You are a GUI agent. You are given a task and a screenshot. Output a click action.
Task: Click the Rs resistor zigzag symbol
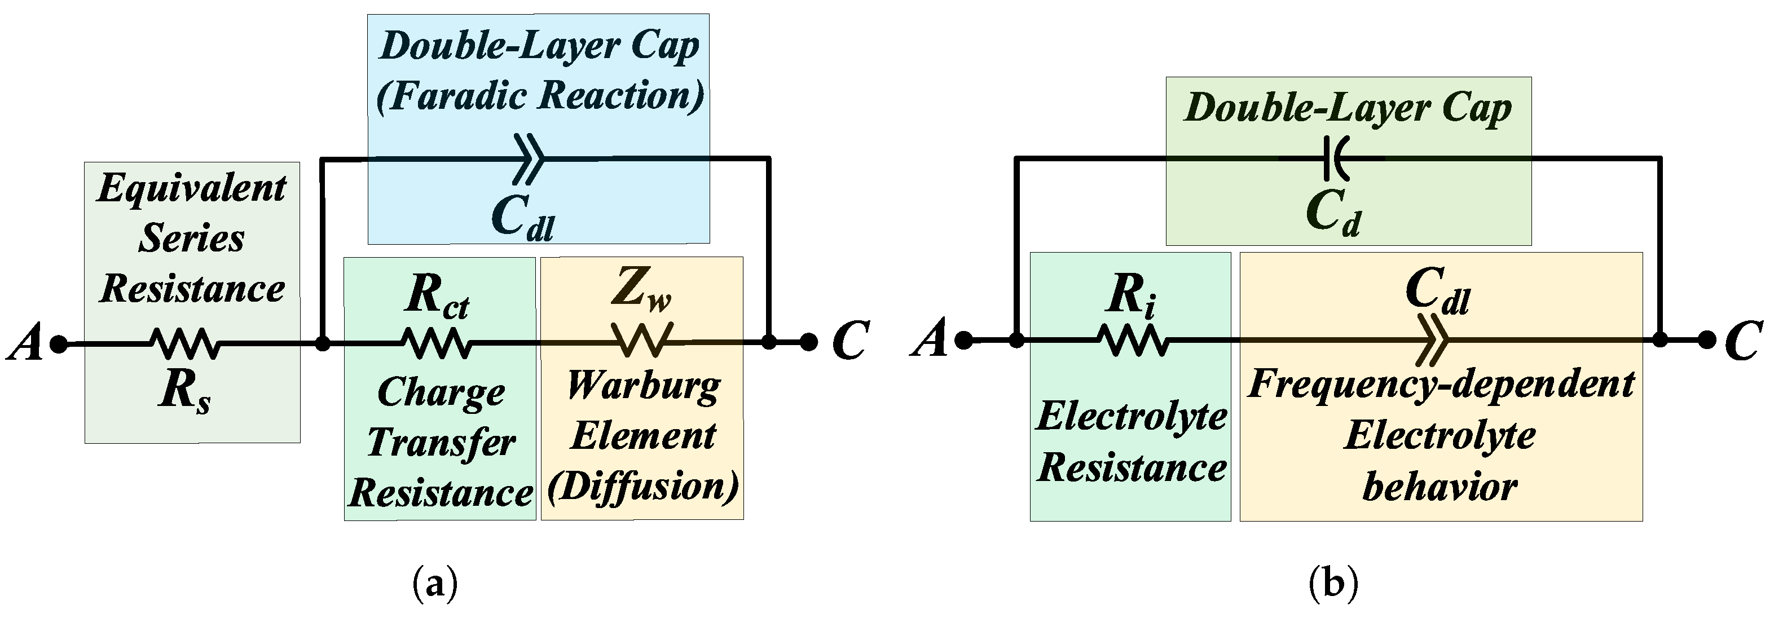click(184, 343)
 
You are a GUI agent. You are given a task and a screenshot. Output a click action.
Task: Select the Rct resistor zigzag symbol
click(437, 342)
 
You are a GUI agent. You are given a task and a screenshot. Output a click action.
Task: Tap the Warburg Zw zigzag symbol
click(642, 340)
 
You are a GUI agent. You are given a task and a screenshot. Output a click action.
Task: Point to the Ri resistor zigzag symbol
click(1133, 340)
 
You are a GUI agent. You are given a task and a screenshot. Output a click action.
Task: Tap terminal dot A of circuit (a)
click(59, 343)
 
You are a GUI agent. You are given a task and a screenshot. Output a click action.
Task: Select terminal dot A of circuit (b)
click(964, 339)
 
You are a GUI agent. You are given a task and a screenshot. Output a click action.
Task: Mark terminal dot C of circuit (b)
click(1706, 339)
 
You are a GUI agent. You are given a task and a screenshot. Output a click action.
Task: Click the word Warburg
click(643, 387)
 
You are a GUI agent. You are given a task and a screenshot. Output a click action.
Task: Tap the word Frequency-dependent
click(1441, 384)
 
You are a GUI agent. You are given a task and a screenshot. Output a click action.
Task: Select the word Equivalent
click(191, 188)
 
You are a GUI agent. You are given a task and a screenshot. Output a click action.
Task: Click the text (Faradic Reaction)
click(540, 95)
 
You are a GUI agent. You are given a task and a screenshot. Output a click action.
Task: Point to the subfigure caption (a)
click(434, 584)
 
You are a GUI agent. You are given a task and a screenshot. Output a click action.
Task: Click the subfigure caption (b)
click(1333, 584)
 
